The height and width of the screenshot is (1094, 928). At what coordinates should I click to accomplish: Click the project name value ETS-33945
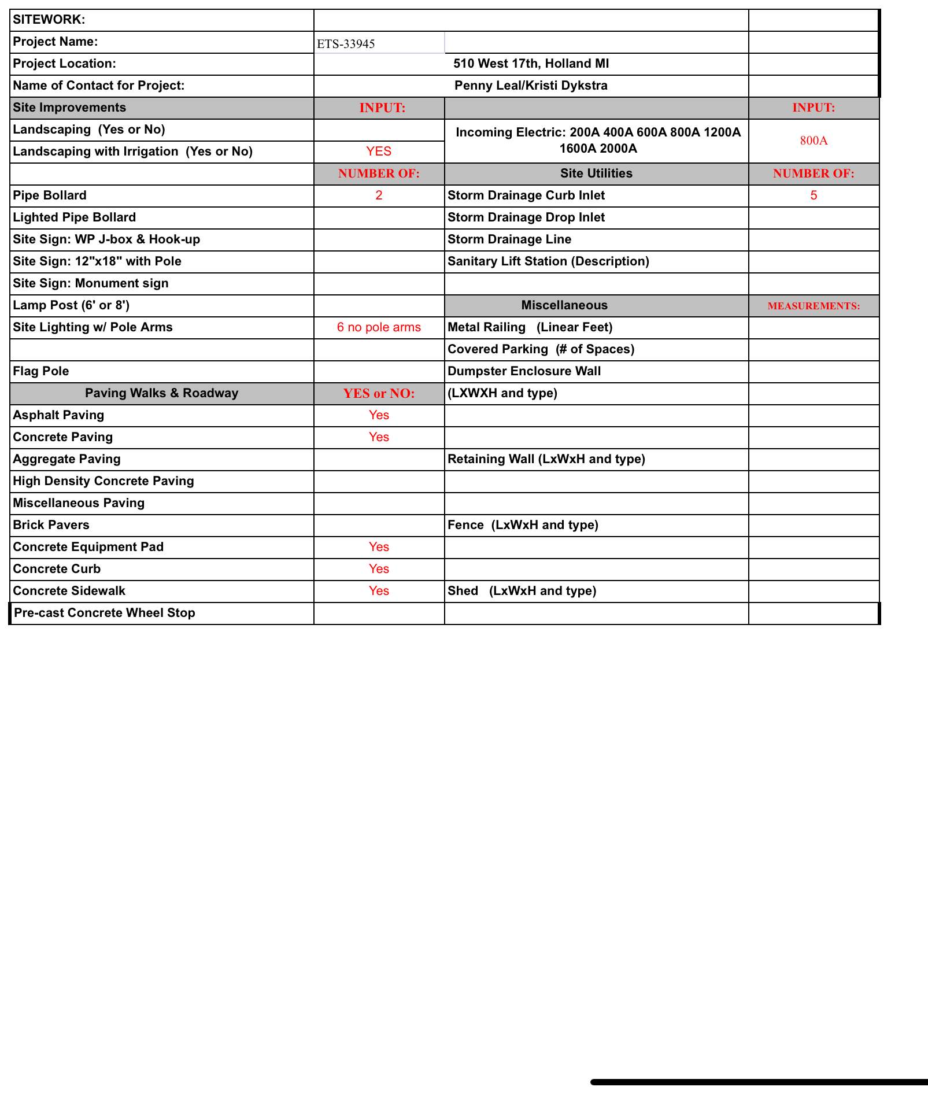tap(346, 44)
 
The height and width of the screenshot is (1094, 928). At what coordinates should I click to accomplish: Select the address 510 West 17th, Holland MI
tap(531, 64)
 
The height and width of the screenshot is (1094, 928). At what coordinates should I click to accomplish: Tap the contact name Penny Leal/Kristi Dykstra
tap(531, 86)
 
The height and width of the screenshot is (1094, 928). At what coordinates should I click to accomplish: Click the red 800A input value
tap(814, 141)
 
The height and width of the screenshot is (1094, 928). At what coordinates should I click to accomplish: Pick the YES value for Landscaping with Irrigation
tap(379, 151)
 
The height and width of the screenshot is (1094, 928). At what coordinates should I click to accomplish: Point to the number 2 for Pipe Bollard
tap(379, 195)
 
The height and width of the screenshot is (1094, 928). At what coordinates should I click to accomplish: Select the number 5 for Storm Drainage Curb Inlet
tap(814, 195)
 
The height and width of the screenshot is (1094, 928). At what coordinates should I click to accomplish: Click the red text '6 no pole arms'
tap(379, 327)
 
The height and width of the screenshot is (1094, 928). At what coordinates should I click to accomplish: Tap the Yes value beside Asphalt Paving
tap(379, 415)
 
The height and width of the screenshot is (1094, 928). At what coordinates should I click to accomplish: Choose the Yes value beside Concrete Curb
tap(379, 569)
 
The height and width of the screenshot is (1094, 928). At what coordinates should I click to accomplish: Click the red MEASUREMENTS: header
tap(814, 306)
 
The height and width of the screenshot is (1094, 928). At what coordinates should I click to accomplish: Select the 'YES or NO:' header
tap(379, 393)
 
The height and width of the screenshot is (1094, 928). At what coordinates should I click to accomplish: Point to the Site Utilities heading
tap(596, 173)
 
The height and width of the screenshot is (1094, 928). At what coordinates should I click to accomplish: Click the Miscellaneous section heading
tap(564, 305)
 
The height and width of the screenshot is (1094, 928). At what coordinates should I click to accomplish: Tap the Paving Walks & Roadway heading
tap(161, 393)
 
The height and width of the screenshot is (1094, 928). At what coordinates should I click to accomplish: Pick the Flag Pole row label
tap(41, 371)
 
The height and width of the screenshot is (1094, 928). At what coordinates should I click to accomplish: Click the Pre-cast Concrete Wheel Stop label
tap(104, 613)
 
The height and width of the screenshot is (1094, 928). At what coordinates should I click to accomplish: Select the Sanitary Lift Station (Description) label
tap(548, 261)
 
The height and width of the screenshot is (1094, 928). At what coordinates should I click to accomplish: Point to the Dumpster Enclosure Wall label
tap(524, 371)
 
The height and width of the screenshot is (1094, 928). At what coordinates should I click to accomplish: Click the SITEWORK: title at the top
tap(49, 20)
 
